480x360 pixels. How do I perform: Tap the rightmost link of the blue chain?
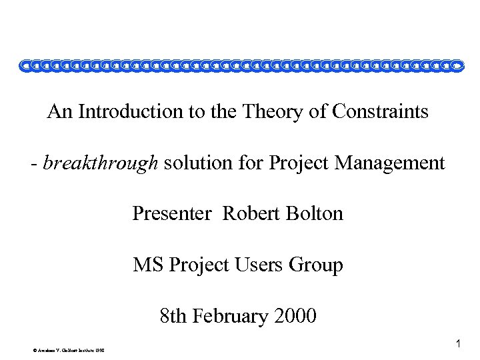(x=456, y=65)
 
